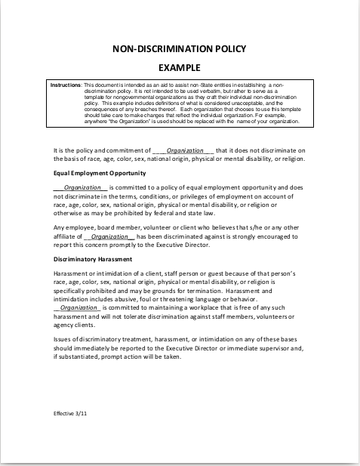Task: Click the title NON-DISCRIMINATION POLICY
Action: [179, 49]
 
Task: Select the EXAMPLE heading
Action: [179, 67]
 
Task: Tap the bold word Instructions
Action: [65, 85]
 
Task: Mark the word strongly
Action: [261, 236]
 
